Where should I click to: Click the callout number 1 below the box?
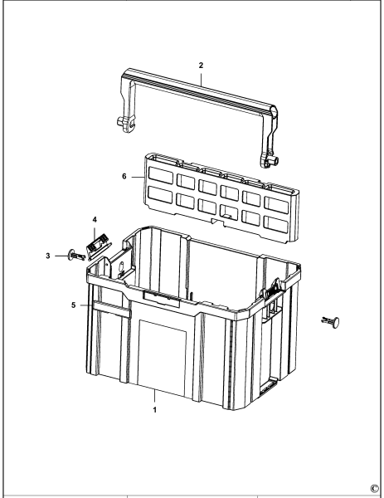click(154, 409)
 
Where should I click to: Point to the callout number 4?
click(95, 220)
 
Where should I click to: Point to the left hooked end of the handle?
click(124, 123)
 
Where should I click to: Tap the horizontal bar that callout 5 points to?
click(110, 307)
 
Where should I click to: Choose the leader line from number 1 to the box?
click(155, 397)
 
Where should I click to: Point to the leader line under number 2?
click(201, 75)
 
